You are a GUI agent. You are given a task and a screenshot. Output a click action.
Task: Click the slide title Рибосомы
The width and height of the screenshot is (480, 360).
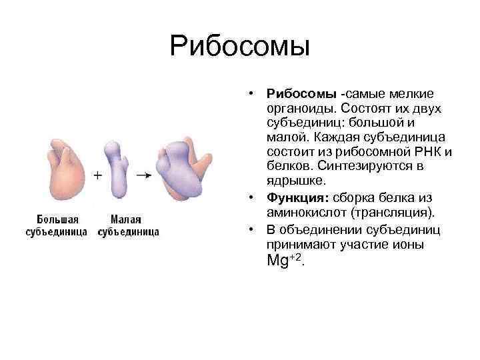[240, 46]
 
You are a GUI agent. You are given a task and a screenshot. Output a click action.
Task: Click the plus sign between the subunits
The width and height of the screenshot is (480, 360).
[97, 175]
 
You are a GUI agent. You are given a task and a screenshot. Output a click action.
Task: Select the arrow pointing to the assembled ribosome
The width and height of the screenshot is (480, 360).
[143, 175]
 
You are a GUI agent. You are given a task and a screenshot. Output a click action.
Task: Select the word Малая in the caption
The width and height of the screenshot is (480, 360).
[127, 219]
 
